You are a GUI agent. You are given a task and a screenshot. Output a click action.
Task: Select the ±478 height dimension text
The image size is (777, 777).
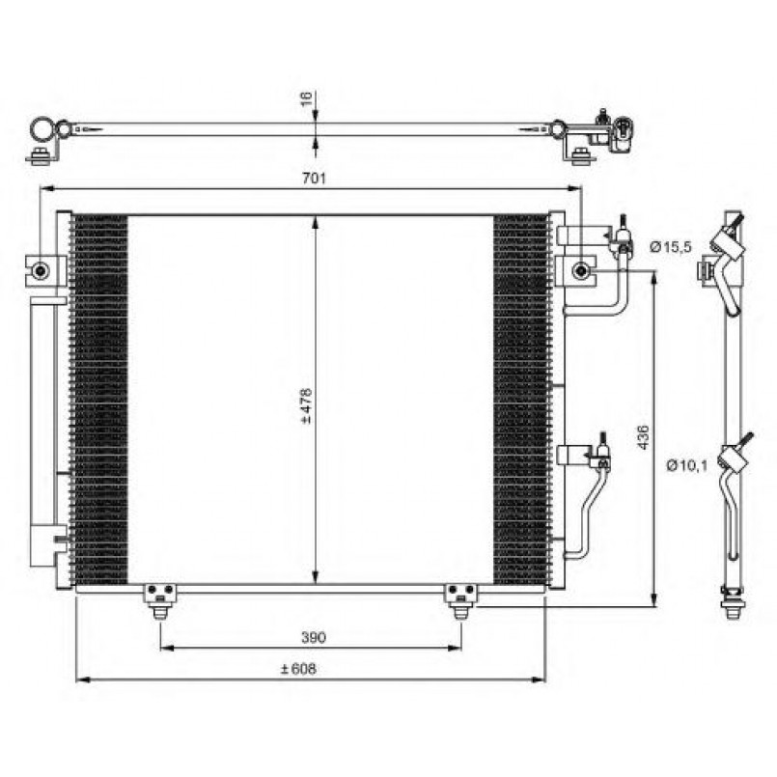(306, 407)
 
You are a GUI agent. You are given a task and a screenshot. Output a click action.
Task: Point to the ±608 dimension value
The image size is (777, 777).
(299, 669)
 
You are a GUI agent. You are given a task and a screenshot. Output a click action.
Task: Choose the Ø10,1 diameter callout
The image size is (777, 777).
(686, 467)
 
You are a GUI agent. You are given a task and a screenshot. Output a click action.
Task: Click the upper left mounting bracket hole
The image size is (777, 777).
(40, 270)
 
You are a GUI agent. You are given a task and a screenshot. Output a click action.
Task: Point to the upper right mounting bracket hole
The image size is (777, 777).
(580, 270)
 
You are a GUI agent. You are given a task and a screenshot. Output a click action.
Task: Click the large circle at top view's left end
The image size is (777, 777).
(41, 128)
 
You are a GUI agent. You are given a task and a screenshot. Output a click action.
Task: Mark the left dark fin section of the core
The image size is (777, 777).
(100, 399)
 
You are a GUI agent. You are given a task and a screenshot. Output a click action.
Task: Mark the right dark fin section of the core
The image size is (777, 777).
(521, 399)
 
